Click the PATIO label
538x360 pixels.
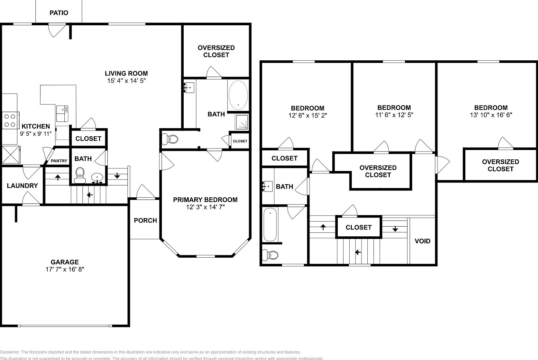pos(59,13)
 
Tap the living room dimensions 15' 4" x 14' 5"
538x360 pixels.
pos(126,81)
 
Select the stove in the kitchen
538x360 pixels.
pos(10,120)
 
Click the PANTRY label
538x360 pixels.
pos(59,161)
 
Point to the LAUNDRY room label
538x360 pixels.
pos(22,186)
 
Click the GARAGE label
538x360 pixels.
pos(64,262)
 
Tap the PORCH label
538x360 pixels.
pos(145,220)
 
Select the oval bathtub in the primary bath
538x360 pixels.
pos(238,95)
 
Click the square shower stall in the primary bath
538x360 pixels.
pos(241,122)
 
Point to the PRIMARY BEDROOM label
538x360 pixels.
pos(205,200)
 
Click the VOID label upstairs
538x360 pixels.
pos(422,241)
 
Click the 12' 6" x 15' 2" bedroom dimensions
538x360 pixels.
pos(308,116)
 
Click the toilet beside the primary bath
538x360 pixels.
pos(170,139)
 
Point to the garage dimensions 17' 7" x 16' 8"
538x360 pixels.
pos(64,269)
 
